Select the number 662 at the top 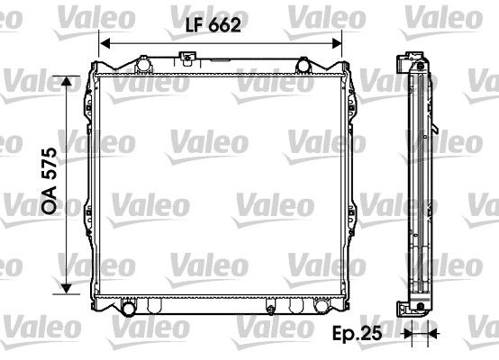[226, 26]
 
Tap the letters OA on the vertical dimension [51, 202]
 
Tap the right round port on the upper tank [304, 64]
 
